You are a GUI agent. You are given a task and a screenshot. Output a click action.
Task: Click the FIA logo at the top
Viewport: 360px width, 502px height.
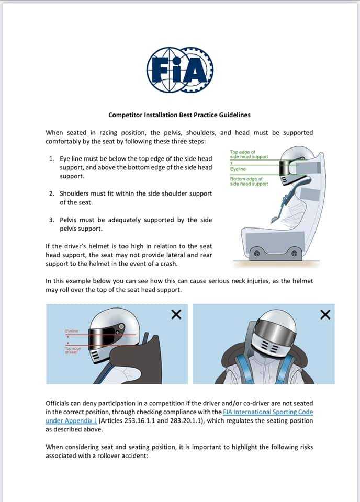[179, 70]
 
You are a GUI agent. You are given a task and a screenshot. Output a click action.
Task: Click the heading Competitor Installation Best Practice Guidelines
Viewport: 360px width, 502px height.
[179, 115]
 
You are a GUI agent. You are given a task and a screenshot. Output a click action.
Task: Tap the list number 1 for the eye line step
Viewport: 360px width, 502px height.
[52, 158]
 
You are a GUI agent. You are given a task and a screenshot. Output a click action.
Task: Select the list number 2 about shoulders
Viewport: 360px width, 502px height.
[52, 193]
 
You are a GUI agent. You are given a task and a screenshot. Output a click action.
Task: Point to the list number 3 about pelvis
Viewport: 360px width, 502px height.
[52, 220]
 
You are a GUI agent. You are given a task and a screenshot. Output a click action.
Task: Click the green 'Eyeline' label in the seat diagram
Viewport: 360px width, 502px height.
[238, 169]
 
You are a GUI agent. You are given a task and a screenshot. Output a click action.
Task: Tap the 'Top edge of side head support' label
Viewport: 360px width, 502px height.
[249, 155]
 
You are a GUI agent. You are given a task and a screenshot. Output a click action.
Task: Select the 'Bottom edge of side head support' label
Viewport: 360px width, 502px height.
[249, 181]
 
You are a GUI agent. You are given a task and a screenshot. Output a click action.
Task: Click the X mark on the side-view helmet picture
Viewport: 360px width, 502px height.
[176, 314]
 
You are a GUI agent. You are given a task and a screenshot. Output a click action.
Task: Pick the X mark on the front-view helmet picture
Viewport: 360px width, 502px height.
[325, 314]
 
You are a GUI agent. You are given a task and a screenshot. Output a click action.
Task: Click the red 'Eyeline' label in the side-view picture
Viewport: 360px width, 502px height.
[72, 331]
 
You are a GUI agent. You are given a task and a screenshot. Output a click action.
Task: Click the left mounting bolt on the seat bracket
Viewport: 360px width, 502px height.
[257, 254]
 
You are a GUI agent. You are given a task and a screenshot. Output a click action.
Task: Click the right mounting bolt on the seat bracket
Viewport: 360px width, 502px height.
[294, 254]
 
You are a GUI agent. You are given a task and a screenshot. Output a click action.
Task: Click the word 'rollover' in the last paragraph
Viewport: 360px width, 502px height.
[119, 455]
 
